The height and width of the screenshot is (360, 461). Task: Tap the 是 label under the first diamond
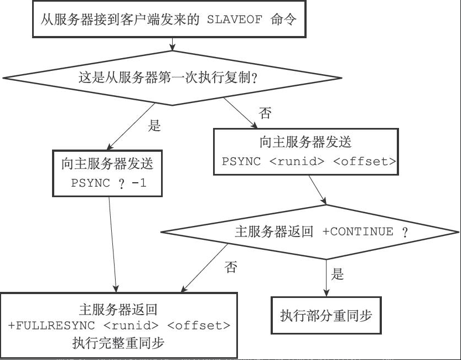point(154,126)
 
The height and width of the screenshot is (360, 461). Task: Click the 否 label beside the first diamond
point(265,114)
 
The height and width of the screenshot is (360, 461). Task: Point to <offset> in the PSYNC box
point(365,162)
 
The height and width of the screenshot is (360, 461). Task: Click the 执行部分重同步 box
point(326,316)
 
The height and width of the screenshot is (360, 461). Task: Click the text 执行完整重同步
point(118,343)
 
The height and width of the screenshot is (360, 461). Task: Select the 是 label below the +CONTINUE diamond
point(337,274)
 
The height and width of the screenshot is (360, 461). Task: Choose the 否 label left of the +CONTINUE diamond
point(231,268)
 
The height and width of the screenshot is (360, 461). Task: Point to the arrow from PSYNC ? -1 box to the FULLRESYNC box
point(112,244)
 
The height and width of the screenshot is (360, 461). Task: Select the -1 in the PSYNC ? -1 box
point(139,183)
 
